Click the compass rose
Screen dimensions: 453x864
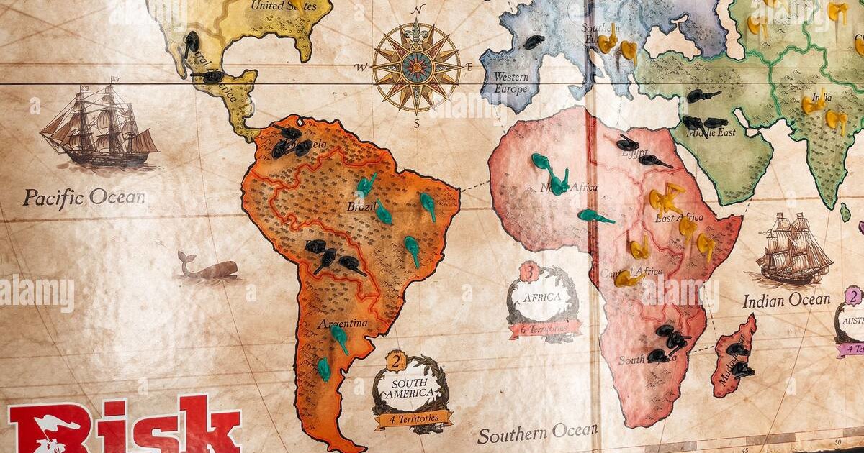coord(417,67)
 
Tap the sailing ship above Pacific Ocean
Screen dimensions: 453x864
coord(99,124)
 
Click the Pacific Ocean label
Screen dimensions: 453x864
coord(84,198)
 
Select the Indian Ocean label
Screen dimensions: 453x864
coord(786,300)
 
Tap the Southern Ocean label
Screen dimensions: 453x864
coord(537,433)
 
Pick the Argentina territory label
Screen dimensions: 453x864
coord(343,324)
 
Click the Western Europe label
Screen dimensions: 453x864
coord(510,83)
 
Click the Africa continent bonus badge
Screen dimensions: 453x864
coord(544,302)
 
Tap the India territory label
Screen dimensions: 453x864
coord(819,96)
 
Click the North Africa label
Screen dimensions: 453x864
coord(569,188)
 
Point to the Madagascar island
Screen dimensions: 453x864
coord(735,356)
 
